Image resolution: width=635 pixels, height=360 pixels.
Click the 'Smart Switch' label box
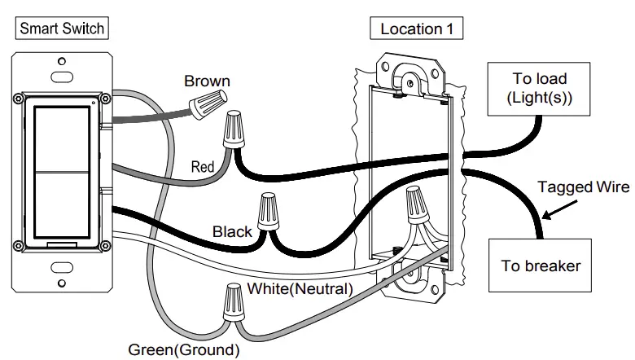(x=62, y=29)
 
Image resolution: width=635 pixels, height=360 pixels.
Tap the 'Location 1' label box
(x=416, y=29)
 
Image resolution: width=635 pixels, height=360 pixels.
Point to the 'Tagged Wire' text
(x=583, y=187)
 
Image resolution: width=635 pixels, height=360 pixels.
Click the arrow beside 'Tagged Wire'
(x=558, y=213)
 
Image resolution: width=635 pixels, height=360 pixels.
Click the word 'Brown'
(x=207, y=81)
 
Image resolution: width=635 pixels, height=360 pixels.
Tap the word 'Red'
(x=203, y=167)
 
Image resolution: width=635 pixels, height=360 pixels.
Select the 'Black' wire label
(x=232, y=232)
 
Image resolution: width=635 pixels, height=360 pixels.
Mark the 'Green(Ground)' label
(x=184, y=350)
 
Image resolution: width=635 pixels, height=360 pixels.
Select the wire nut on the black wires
(x=268, y=213)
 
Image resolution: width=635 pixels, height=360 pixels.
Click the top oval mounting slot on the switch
(x=61, y=76)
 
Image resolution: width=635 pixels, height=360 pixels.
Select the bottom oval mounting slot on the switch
(x=61, y=268)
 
